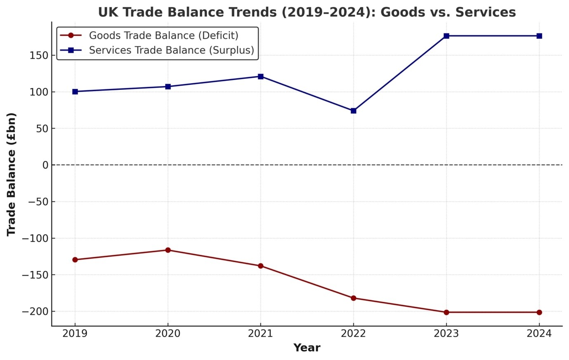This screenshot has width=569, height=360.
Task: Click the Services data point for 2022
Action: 353,111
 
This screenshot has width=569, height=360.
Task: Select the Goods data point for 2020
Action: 168,250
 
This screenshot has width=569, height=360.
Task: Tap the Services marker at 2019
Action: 75,92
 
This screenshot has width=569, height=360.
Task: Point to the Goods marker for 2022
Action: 353,298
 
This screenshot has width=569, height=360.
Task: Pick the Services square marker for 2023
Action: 446,36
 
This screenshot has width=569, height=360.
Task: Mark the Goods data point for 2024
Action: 539,312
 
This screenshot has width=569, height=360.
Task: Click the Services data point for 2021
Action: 260,76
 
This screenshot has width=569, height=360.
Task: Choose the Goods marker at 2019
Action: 75,260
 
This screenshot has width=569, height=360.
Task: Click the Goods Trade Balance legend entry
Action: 163,35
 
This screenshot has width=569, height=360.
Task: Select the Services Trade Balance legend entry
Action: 171,50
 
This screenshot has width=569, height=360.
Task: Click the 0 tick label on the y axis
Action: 45,165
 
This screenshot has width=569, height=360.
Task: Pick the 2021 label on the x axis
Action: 260,334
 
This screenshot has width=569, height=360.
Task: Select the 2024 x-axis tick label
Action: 539,334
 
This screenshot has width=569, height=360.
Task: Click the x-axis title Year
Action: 307,348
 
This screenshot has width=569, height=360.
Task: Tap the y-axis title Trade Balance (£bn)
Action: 11,174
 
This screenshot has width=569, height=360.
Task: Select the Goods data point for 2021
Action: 260,266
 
